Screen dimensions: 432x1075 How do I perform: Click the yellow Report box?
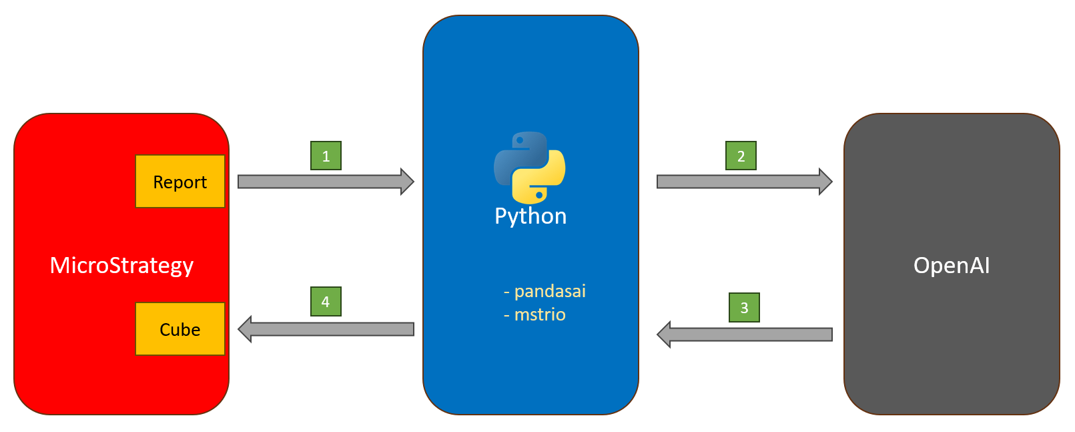[x=180, y=182]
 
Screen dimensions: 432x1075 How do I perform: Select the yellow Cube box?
[x=180, y=329]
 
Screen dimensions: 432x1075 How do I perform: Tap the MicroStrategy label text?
[x=121, y=265]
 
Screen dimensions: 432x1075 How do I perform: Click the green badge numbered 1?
[x=326, y=156]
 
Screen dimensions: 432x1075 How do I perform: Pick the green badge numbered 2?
[x=741, y=156]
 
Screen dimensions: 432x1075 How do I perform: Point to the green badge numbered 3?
[x=744, y=307]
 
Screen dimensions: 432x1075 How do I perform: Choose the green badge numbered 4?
[x=326, y=301]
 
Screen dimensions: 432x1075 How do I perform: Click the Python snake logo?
[x=530, y=168]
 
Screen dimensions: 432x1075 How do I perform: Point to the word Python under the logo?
[x=530, y=216]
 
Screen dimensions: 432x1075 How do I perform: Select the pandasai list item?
[x=545, y=291]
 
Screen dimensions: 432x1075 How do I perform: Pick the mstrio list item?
[x=534, y=314]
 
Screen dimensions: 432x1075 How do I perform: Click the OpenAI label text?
[x=952, y=265]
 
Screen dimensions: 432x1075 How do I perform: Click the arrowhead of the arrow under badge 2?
[x=825, y=182]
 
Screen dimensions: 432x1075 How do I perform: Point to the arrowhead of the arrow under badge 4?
[x=245, y=329]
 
